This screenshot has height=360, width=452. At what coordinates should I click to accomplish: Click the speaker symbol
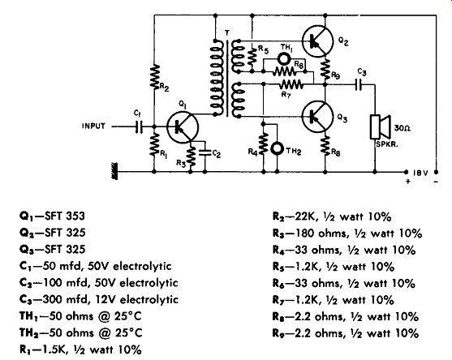click(381, 127)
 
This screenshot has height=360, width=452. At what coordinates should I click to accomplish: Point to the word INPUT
click(93, 126)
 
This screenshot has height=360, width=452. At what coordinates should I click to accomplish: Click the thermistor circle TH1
click(284, 59)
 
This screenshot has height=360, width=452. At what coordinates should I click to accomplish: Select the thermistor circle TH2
click(277, 148)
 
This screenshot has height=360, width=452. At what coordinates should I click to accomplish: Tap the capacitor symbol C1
click(139, 126)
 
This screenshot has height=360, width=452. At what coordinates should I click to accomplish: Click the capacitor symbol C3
click(359, 84)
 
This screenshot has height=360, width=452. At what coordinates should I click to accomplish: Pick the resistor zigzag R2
click(155, 76)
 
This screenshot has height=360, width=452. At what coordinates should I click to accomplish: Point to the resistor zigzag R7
click(291, 84)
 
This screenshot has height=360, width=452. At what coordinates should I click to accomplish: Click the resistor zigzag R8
click(325, 146)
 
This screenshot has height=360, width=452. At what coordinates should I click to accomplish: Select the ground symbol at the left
click(114, 171)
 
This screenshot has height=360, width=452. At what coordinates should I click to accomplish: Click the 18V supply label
click(420, 173)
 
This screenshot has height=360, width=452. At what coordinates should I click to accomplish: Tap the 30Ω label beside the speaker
click(402, 127)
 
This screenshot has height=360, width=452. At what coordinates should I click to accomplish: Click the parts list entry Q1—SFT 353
click(52, 216)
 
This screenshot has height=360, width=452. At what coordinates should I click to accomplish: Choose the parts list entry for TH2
click(80, 333)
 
